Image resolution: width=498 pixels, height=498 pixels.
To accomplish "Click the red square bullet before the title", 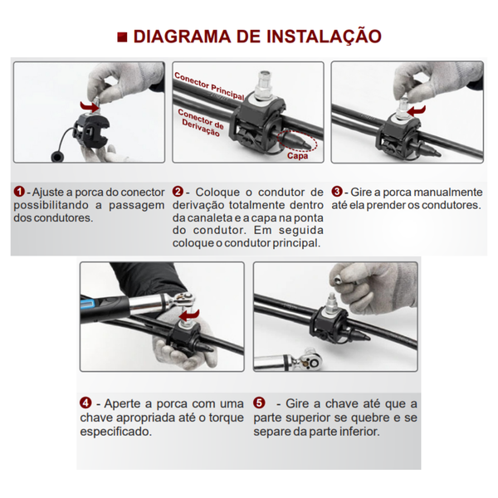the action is [122, 37].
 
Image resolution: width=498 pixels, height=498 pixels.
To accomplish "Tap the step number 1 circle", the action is [19, 192].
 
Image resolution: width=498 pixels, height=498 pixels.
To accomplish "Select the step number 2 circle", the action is [178, 192].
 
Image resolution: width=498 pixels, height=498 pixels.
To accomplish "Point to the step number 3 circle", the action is [337, 192].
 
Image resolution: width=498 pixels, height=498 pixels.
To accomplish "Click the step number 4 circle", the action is [85, 403].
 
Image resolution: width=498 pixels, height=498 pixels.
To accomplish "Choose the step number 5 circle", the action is [259, 403].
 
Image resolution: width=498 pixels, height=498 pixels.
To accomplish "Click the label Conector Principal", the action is [209, 85].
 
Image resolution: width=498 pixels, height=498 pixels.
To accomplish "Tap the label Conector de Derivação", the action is [201, 122].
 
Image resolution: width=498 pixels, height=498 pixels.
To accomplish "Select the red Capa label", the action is [298, 156].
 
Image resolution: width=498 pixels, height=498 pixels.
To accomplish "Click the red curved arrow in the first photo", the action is [90, 106].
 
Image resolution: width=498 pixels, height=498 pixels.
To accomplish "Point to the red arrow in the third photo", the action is [416, 111].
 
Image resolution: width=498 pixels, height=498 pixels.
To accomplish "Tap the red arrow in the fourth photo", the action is [189, 315].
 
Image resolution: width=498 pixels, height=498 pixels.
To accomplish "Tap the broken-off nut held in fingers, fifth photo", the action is [339, 279].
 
